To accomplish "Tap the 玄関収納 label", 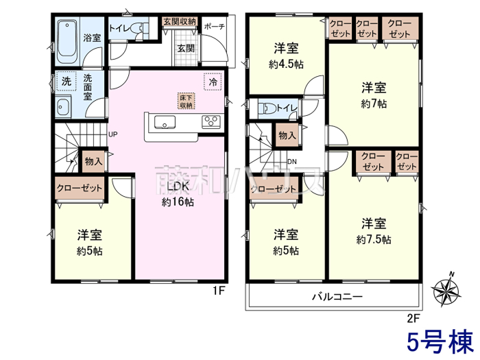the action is (x=180, y=21).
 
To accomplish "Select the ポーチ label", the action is (x=214, y=26).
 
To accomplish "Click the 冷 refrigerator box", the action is (x=213, y=82).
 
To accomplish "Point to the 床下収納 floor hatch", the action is (x=187, y=101).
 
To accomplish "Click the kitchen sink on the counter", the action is (x=165, y=123).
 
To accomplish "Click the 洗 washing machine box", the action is (x=66, y=81).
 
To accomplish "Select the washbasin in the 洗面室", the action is (x=63, y=107).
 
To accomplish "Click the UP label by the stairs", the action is (x=113, y=134).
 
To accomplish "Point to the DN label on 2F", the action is (x=292, y=162).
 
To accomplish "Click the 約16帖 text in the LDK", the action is (x=178, y=202).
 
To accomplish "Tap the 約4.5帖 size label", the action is (x=286, y=64).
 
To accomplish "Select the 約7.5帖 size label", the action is (x=374, y=239).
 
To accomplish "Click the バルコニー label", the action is (x=337, y=296).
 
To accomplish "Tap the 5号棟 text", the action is (x=440, y=341).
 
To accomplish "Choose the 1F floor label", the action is (x=219, y=290).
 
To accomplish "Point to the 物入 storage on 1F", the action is (x=93, y=161).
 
